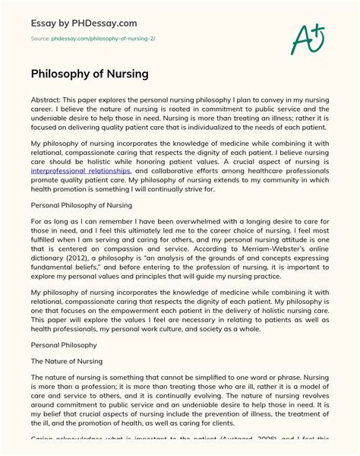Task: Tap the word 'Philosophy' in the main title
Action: point(58,75)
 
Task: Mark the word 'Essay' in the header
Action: point(44,23)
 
